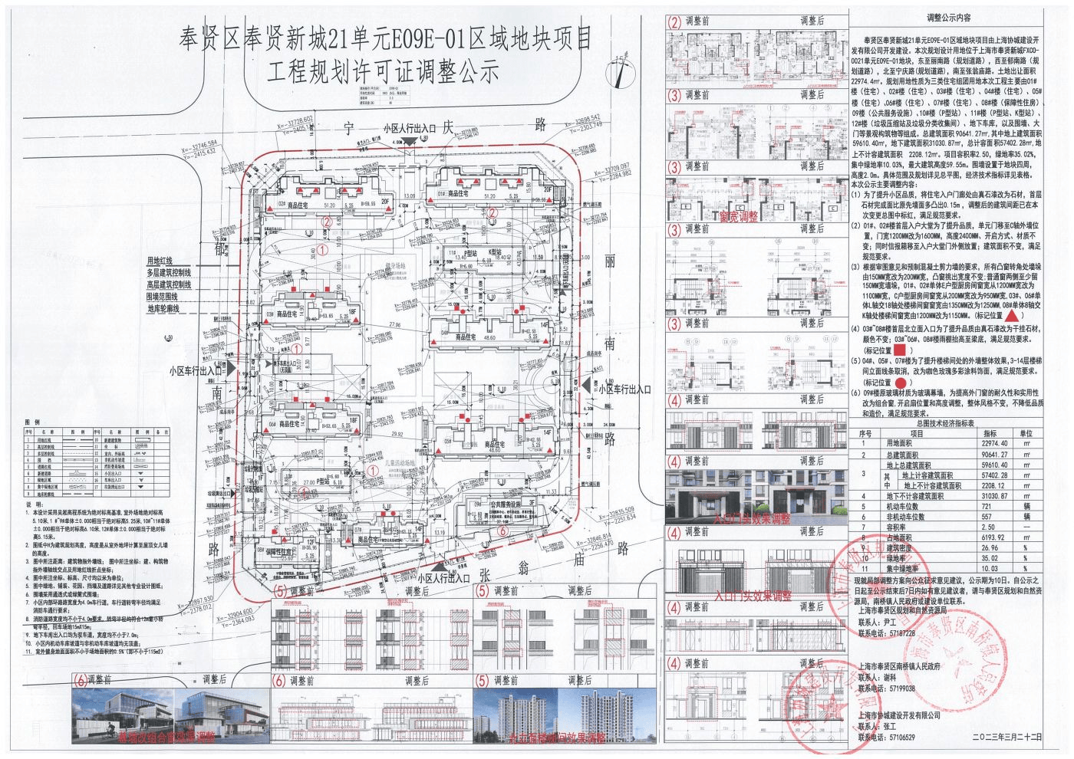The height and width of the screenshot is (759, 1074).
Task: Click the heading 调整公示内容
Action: (948, 17)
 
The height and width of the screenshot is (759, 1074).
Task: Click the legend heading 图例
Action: (32, 422)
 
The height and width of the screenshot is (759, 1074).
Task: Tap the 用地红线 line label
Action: (160, 261)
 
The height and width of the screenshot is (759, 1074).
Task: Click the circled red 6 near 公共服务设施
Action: (502, 530)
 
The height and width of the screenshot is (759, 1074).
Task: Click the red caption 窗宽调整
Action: (737, 216)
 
